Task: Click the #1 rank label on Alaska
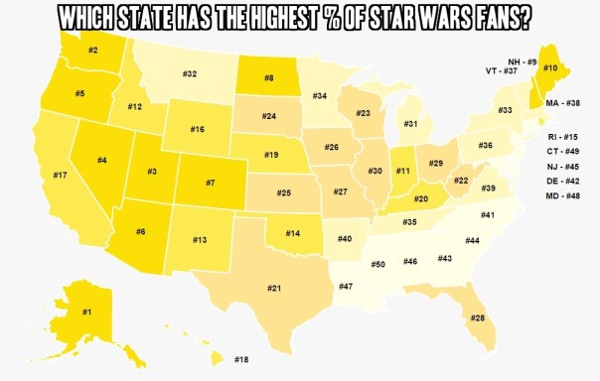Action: pos(86,314)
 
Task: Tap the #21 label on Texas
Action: pos(274,288)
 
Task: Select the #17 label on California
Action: pos(60,176)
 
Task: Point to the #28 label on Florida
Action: pos(478,317)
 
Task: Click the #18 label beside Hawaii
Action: pos(241,359)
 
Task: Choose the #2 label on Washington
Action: pos(91,50)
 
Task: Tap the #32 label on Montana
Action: pos(189,73)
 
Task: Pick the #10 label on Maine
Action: pos(549,67)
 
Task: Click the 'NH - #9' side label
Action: pos(523,62)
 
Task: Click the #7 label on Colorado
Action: pos(210,183)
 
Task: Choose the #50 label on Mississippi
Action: pos(377,264)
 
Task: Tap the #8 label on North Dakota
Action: pos(269,77)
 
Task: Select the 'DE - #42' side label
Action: pos(563,181)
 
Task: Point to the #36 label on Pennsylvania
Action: pos(485,146)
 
